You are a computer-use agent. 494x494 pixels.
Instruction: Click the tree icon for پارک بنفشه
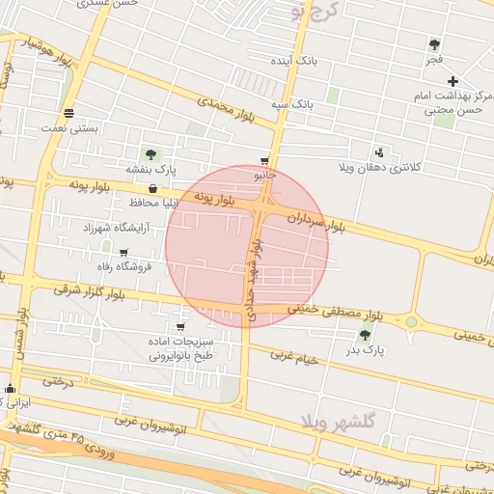(x=150, y=154)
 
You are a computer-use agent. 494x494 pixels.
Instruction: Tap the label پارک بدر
(x=366, y=351)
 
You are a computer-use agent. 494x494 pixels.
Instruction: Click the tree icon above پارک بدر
(x=365, y=335)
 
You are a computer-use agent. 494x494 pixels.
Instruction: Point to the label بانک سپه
(x=291, y=103)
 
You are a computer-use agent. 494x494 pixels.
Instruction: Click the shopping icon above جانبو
(x=264, y=161)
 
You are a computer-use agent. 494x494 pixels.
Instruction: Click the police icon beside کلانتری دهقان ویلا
(x=379, y=152)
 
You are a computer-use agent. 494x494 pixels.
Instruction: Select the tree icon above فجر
(x=434, y=44)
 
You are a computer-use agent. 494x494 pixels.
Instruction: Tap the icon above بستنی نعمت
(x=69, y=113)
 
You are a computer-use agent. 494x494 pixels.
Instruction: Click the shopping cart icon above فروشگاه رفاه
(x=122, y=252)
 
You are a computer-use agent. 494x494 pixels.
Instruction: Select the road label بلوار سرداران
(x=315, y=221)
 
